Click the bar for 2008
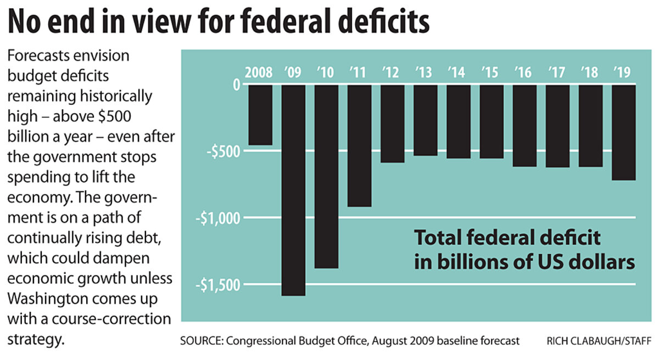point(260,115)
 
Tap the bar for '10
point(326,176)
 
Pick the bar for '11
point(360,145)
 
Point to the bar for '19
point(624,132)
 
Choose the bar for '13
point(426,120)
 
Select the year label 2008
point(259,72)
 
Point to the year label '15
point(491,72)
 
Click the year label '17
point(557,72)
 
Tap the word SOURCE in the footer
point(199,341)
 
